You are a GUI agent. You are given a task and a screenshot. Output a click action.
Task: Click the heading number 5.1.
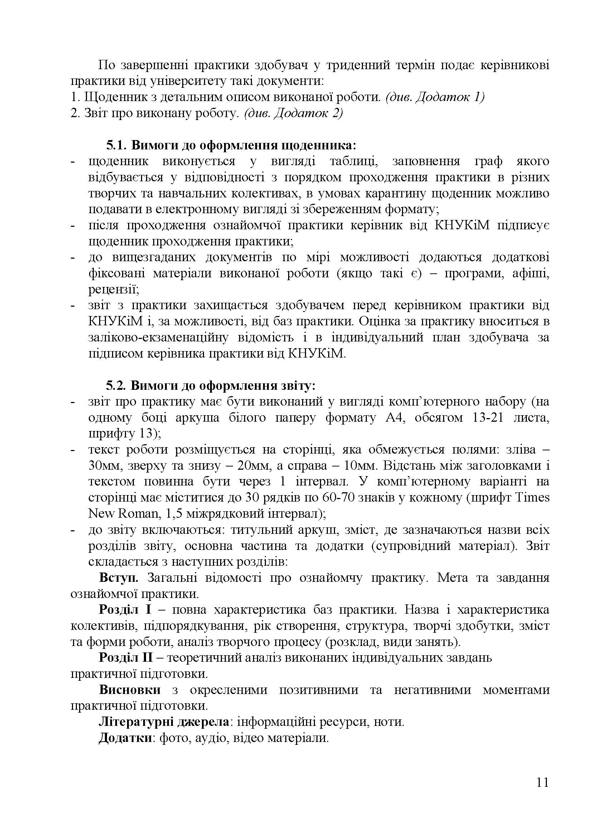tap(116, 145)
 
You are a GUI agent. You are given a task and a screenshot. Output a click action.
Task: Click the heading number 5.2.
tap(116, 386)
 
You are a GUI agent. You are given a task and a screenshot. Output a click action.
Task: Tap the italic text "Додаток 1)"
tap(450, 97)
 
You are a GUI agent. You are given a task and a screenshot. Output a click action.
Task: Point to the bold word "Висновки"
tap(130, 690)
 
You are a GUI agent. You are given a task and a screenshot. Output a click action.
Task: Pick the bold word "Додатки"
tap(125, 738)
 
